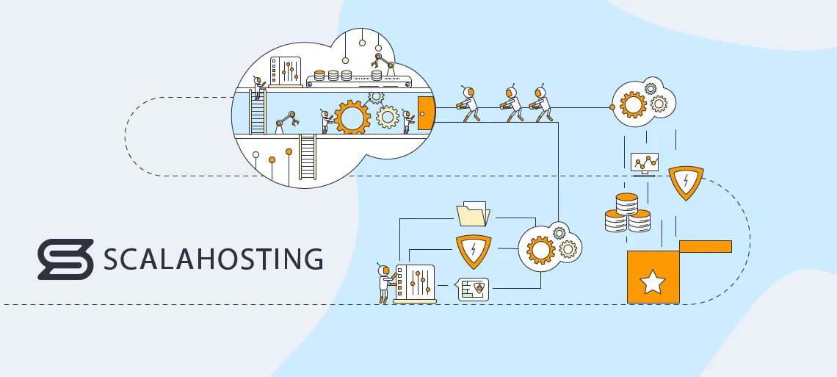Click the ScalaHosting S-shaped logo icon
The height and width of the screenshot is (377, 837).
(x=65, y=259)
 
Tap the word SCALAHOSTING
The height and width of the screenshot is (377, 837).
(x=213, y=259)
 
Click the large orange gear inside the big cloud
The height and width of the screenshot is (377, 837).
(x=352, y=118)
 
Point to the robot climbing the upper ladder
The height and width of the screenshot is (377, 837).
(x=257, y=88)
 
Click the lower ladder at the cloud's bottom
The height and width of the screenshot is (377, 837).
(x=307, y=157)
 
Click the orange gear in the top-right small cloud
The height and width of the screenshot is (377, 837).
(x=632, y=104)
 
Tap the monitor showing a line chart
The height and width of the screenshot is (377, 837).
(x=645, y=162)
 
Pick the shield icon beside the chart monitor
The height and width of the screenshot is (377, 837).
(x=686, y=183)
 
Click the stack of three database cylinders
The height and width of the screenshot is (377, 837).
(x=626, y=213)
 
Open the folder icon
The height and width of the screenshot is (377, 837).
(x=473, y=214)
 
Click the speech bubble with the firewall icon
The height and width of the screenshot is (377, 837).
(x=473, y=289)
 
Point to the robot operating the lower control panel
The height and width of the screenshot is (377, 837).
(x=384, y=282)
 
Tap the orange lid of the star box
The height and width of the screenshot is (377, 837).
(x=705, y=246)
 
